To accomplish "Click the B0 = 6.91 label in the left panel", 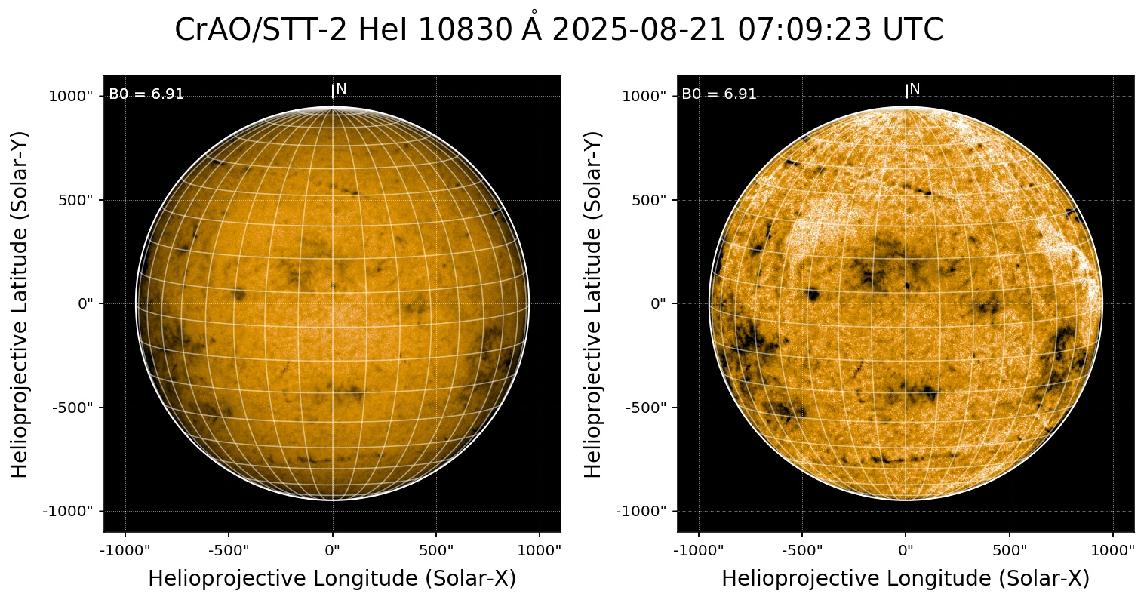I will (x=146, y=94).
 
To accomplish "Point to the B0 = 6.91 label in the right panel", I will (x=719, y=94).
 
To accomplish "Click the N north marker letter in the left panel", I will (x=341, y=89).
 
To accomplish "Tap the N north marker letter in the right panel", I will (x=915, y=89).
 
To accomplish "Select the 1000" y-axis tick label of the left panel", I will (x=71, y=97).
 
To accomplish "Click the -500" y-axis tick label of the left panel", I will (x=73, y=408).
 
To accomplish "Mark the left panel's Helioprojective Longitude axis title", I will (x=332, y=579).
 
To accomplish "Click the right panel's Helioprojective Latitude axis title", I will (x=594, y=304).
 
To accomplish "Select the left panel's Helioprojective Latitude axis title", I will (x=20, y=304).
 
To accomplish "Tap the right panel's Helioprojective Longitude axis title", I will (x=906, y=579).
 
